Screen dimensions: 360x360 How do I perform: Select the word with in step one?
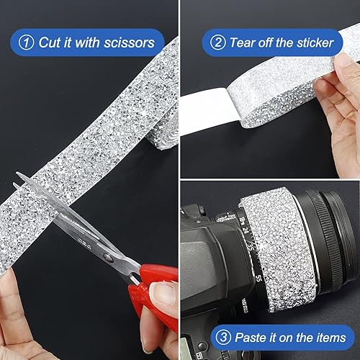[86, 42]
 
